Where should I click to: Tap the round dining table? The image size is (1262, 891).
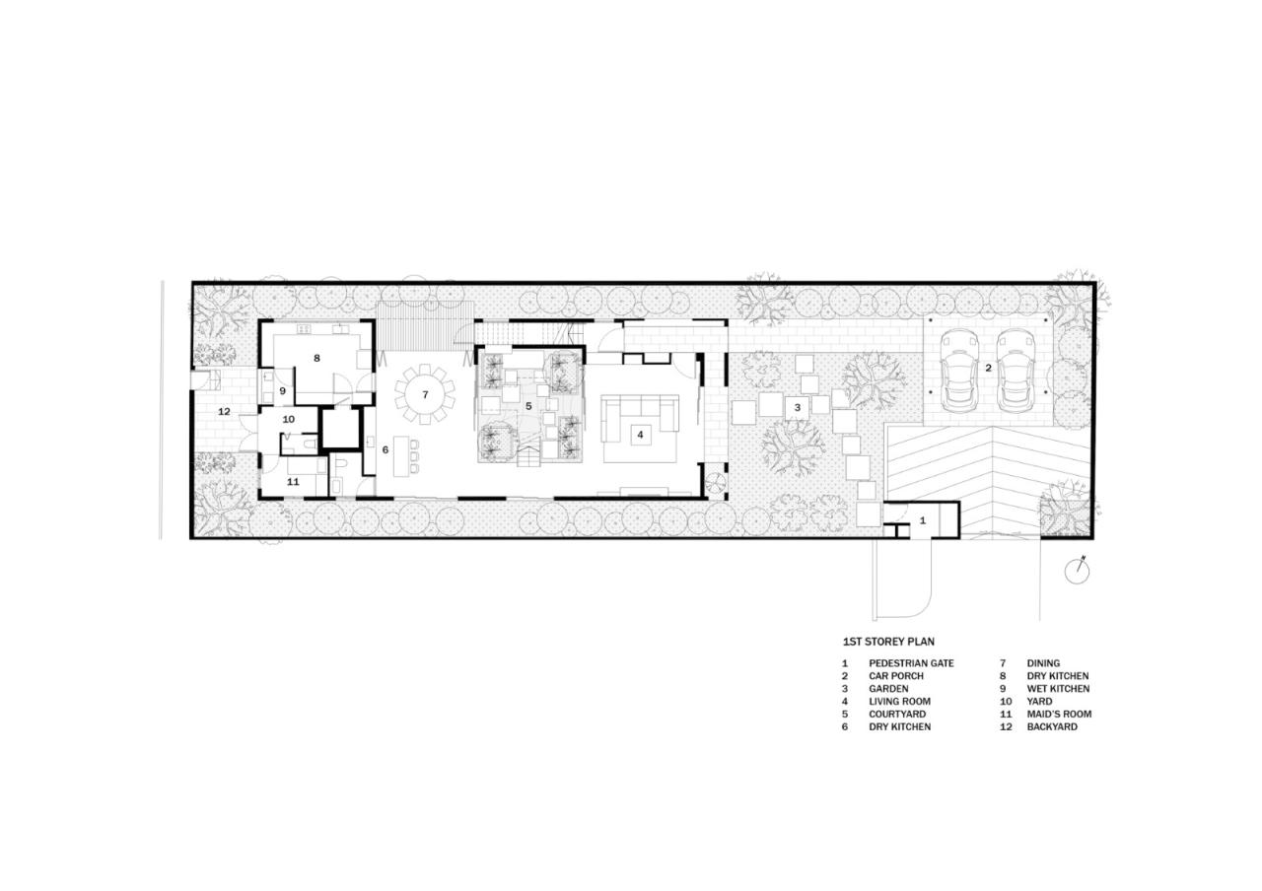pyautogui.click(x=426, y=394)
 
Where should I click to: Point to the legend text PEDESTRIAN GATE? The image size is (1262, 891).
pyautogui.click(x=911, y=663)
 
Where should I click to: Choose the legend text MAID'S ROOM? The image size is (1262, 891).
pyautogui.click(x=1059, y=714)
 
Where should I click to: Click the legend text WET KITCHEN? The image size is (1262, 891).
pyautogui.click(x=1058, y=689)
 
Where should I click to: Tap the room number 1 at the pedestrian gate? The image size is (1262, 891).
pyautogui.click(x=923, y=519)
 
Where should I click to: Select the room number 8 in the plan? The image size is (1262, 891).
pyautogui.click(x=316, y=358)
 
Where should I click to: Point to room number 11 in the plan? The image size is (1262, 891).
pyautogui.click(x=293, y=482)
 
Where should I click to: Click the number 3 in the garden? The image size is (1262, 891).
pyautogui.click(x=798, y=405)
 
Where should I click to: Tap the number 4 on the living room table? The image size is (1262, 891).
pyautogui.click(x=640, y=433)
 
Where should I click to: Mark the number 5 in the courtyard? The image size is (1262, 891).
pyautogui.click(x=528, y=405)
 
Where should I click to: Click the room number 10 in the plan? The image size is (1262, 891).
pyautogui.click(x=288, y=419)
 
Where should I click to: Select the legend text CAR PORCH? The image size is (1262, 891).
pyautogui.click(x=896, y=676)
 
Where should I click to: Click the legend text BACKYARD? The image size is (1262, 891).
pyautogui.click(x=1052, y=726)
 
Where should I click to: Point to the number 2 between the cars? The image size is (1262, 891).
pyautogui.click(x=988, y=368)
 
